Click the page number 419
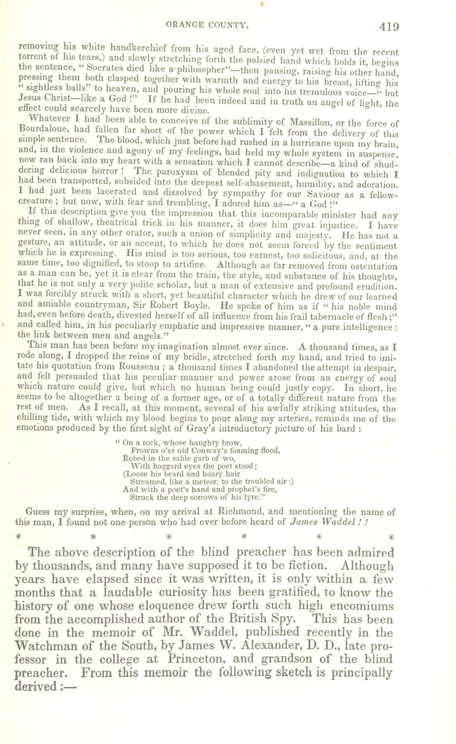(x=389, y=27)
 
